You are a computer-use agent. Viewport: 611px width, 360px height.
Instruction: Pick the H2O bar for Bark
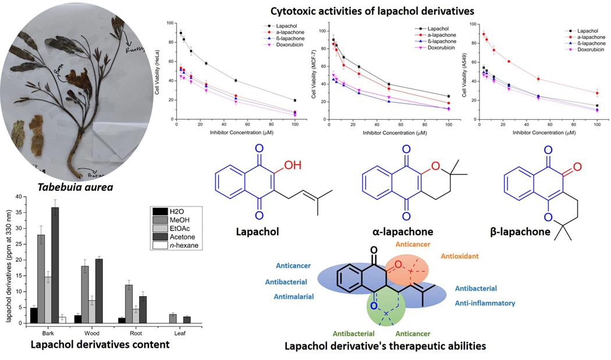tap(34, 315)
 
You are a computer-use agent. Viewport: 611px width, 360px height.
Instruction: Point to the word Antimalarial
tap(293, 296)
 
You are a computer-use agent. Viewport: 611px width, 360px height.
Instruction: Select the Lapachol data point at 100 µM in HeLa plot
tap(295, 101)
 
